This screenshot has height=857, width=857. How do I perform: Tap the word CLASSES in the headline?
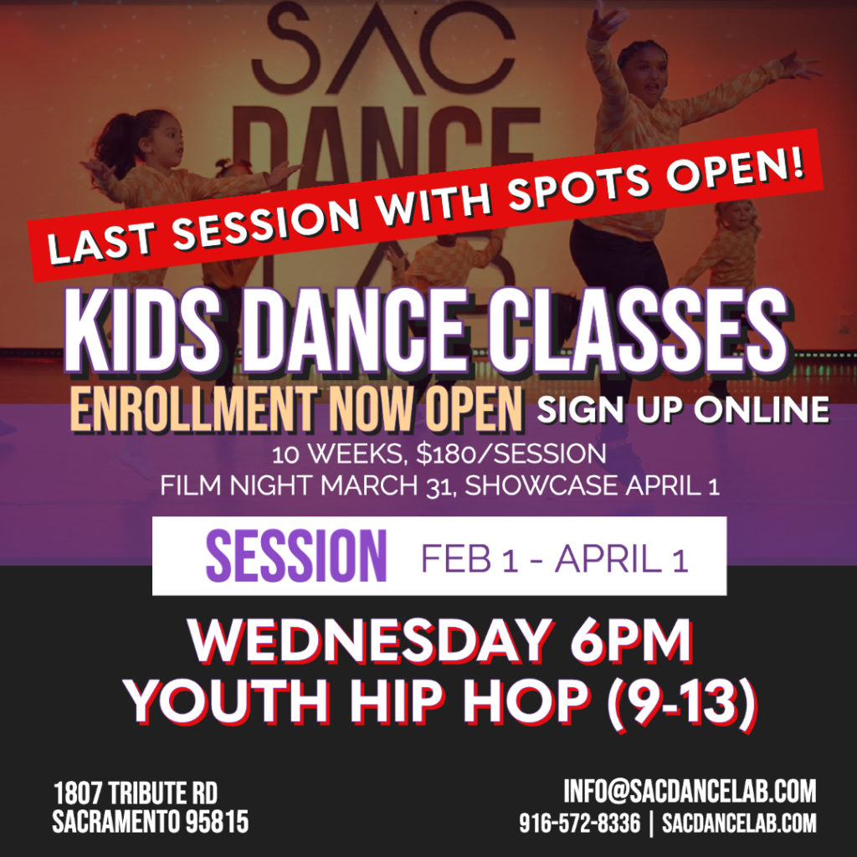[x=637, y=331]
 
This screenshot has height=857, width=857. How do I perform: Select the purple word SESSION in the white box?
[x=296, y=556]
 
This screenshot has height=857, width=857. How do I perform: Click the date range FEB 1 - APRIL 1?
[x=554, y=558]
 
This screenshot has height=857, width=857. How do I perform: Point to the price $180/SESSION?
[x=511, y=454]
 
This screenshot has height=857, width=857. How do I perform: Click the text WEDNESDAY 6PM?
[x=440, y=639]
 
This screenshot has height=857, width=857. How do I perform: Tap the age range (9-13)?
[x=683, y=701]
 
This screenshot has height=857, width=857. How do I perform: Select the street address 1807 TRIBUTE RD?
[x=136, y=793]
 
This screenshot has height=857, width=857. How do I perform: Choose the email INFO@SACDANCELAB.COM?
[x=690, y=792]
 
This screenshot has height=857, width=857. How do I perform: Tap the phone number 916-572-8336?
[x=579, y=823]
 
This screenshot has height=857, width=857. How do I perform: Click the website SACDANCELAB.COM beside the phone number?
[x=739, y=823]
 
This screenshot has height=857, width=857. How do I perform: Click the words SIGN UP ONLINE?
[x=683, y=409]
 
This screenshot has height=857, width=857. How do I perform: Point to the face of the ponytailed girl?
[x=167, y=142]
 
